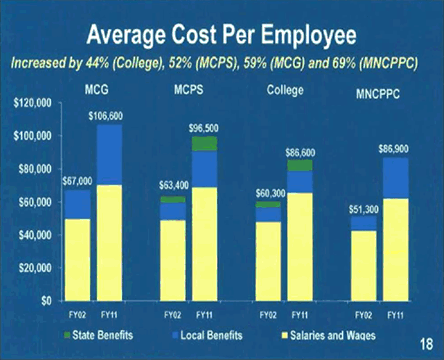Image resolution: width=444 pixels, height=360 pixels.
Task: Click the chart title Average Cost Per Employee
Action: coord(221,37)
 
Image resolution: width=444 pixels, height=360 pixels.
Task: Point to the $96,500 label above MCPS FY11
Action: coord(204,128)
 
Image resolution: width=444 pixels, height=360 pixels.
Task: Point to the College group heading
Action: coord(284,91)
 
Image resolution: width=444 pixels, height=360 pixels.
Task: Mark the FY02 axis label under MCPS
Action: coord(172,315)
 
